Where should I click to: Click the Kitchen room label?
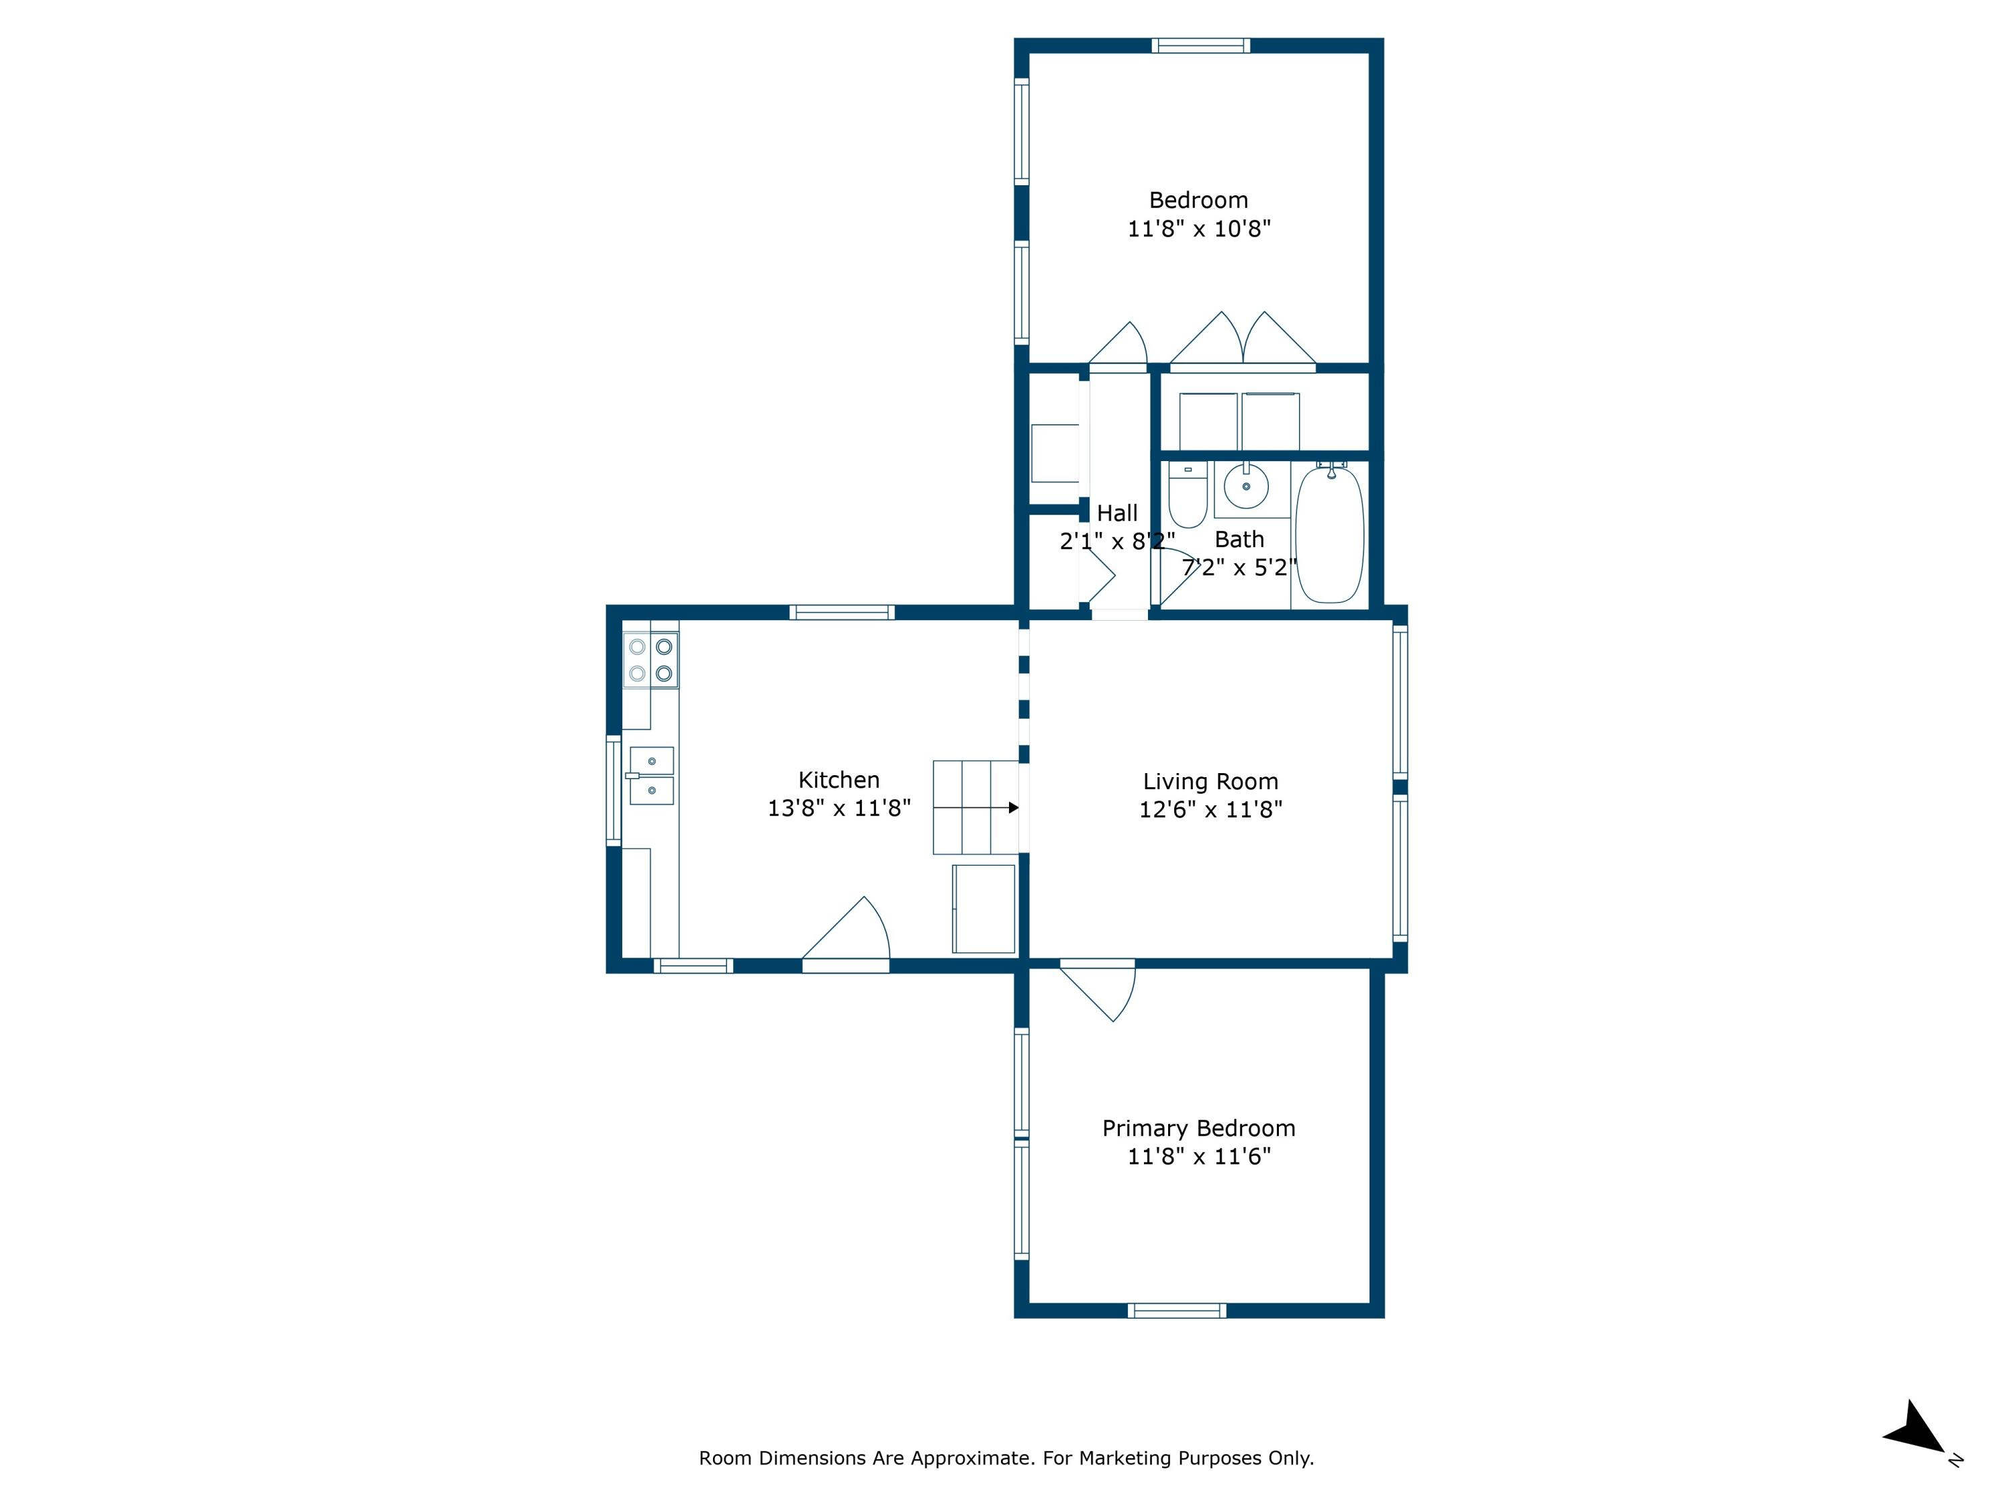tap(838, 780)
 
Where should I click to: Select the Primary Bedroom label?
tap(1198, 1129)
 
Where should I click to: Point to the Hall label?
tap(1117, 513)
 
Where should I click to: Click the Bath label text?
tap(1239, 540)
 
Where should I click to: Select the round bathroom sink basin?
tap(1245, 486)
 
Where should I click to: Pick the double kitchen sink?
tap(652, 776)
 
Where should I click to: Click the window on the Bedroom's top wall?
tap(1200, 46)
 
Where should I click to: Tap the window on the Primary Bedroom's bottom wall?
tap(1176, 1311)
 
